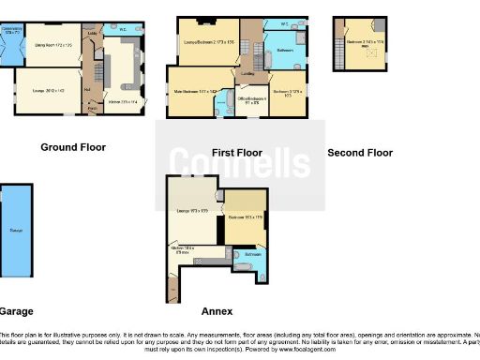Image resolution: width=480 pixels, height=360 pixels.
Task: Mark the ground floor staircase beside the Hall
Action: click(x=95, y=70)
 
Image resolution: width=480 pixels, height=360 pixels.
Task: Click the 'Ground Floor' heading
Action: click(x=73, y=147)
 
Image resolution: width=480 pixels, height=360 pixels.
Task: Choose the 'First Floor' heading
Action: click(x=236, y=152)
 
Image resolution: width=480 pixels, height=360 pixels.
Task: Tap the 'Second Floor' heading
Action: click(x=360, y=152)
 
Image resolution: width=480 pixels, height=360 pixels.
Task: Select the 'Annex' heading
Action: click(x=217, y=311)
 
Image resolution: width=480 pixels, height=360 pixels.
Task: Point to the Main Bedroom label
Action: click(x=194, y=91)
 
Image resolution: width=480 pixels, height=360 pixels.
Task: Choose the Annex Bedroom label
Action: click(x=244, y=217)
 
